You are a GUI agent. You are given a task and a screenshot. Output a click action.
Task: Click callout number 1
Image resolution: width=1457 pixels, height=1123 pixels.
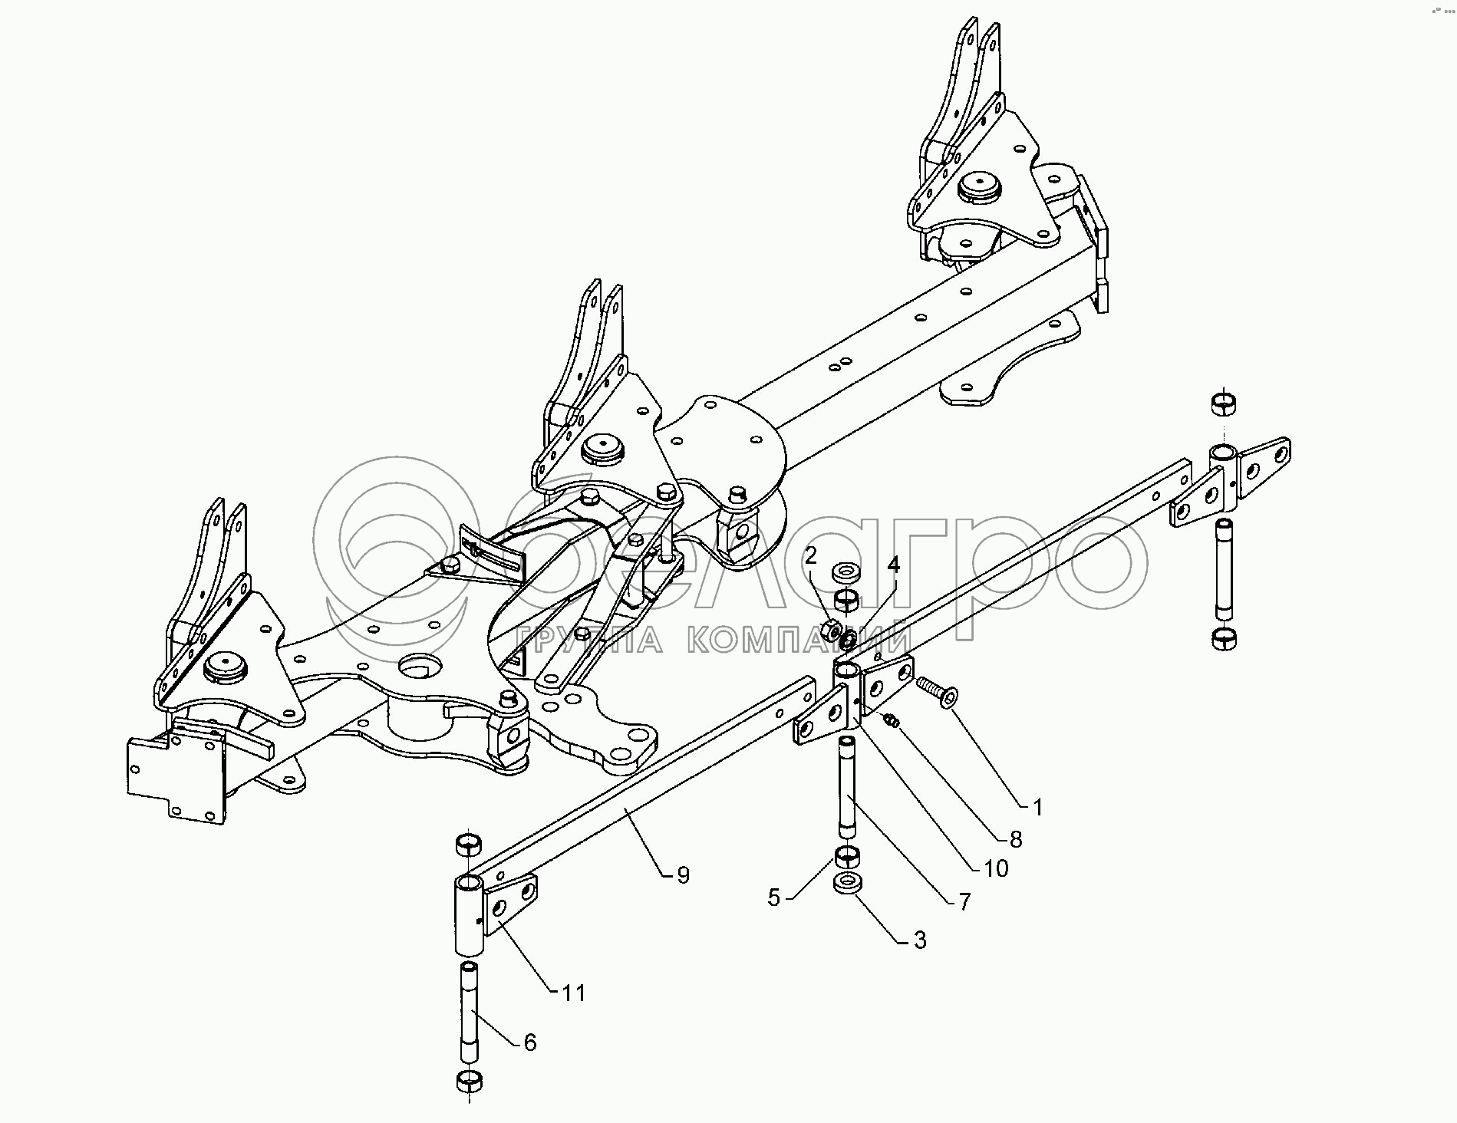pos(1037,807)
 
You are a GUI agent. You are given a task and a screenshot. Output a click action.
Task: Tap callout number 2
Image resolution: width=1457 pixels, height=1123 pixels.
pos(811,557)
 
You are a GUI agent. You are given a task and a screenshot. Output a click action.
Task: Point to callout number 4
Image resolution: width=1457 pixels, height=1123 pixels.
pos(893,566)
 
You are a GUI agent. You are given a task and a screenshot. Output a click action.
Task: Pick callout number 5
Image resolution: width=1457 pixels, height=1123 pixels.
pos(773,897)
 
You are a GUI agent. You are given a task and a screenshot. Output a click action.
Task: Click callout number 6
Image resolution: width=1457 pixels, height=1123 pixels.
pos(529,1042)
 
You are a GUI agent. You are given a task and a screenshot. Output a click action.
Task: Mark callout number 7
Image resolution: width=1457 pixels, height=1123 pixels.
pos(964,901)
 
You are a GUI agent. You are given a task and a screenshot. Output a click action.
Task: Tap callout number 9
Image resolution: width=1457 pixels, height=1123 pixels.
pos(683,874)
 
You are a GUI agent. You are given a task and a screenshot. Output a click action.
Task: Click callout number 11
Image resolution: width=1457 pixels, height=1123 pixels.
pos(572,993)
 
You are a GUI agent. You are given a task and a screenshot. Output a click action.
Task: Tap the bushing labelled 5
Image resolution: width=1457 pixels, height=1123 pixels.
pos(846,855)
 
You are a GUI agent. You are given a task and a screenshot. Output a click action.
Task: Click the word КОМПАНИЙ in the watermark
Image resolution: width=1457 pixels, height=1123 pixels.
pos(798,639)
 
